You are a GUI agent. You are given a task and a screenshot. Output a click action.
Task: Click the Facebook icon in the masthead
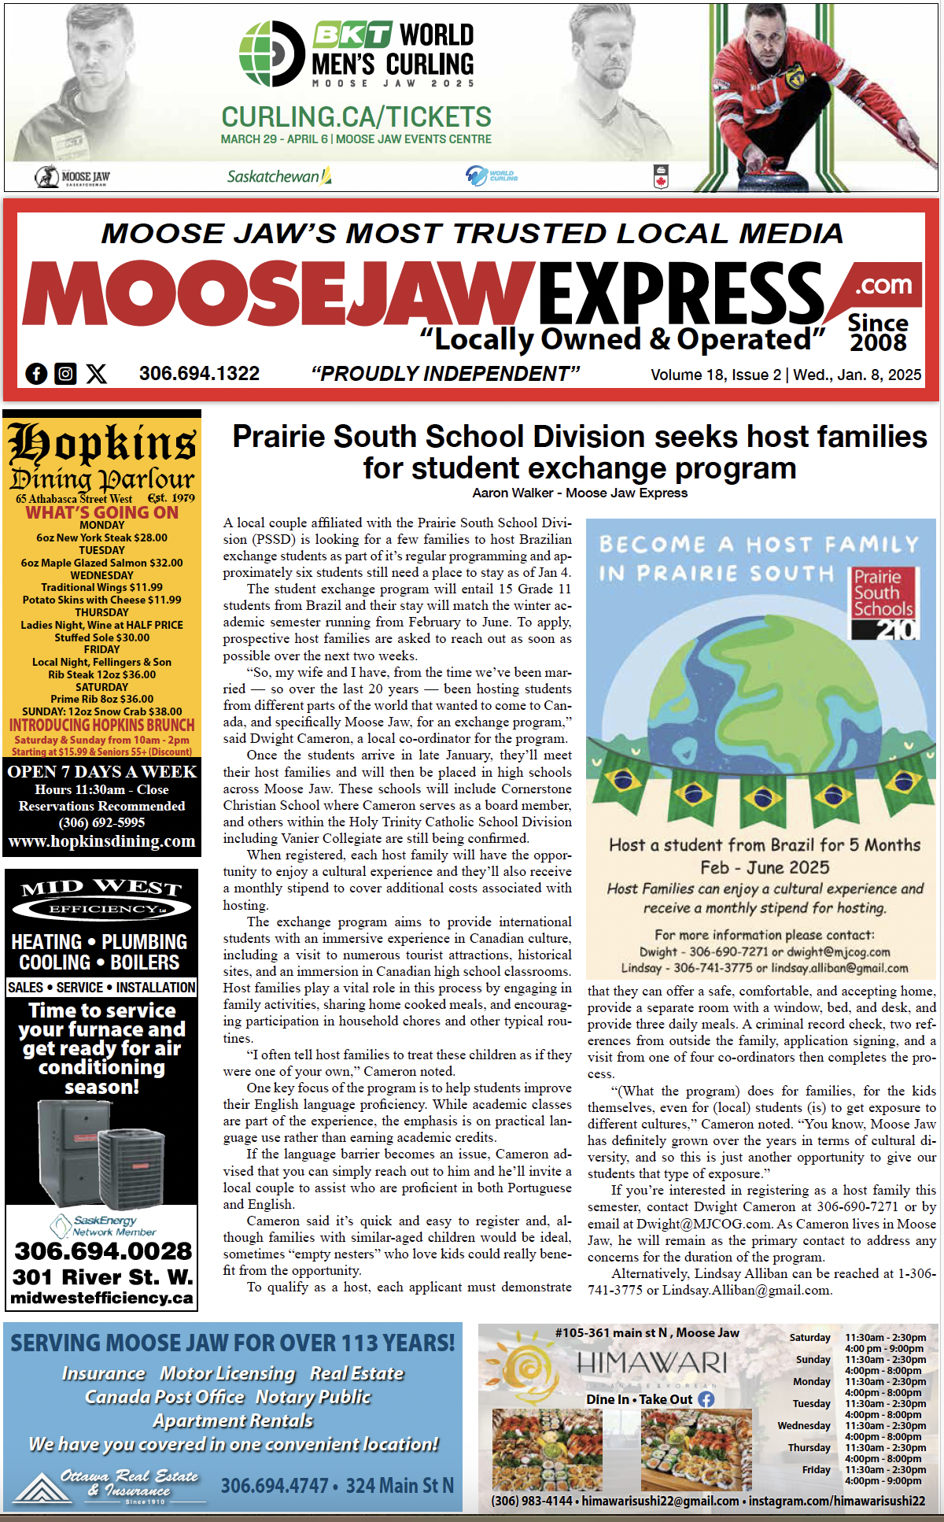tap(36, 374)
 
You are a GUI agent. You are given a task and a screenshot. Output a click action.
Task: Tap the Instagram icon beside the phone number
tap(65, 374)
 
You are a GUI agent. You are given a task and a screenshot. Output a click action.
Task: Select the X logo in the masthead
tap(96, 374)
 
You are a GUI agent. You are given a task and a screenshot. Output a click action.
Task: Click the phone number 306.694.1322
tap(199, 374)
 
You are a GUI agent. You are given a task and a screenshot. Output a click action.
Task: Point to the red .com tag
tap(883, 285)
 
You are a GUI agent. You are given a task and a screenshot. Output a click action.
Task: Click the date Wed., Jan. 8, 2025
tap(857, 375)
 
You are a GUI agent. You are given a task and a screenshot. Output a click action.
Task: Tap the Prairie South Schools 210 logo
tap(883, 602)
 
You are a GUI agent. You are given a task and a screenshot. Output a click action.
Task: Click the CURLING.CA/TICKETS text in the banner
tap(356, 117)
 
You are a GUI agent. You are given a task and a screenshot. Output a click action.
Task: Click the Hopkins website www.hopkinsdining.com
tap(101, 841)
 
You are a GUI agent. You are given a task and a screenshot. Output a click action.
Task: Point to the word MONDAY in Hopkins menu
tap(101, 525)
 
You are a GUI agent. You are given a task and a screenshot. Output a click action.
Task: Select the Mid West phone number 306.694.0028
tap(102, 1251)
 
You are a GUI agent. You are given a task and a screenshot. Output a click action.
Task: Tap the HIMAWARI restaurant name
tap(651, 1362)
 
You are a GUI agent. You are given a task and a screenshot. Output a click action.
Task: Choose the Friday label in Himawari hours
tap(816, 1470)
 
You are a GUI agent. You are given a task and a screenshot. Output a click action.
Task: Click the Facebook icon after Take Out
tap(706, 1399)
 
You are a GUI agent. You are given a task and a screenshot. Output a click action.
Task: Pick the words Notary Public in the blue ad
tap(312, 1397)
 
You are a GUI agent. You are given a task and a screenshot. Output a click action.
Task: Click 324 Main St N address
tap(400, 1486)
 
